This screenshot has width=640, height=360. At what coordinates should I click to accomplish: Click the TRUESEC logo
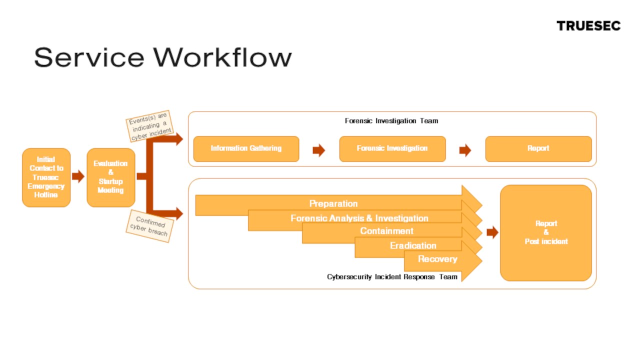(x=588, y=26)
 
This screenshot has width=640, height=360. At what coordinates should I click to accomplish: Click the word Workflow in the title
(x=222, y=57)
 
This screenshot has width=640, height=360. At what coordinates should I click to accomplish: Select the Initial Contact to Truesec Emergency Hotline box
(x=46, y=177)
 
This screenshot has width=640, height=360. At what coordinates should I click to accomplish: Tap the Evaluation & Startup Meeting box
(x=110, y=177)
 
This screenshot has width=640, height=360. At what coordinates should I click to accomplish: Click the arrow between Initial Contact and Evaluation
(x=78, y=176)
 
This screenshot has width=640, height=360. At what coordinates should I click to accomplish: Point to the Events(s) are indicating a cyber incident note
(x=148, y=126)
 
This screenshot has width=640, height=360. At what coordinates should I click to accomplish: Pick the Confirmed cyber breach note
(x=149, y=226)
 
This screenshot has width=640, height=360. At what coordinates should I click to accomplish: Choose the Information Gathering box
(x=246, y=148)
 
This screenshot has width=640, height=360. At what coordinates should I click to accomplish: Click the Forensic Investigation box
(x=392, y=148)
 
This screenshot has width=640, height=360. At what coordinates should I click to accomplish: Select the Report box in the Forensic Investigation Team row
(x=538, y=148)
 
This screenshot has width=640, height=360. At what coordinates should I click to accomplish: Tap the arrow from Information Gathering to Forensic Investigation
(x=318, y=150)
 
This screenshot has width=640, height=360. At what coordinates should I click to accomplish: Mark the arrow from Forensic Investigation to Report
(x=465, y=150)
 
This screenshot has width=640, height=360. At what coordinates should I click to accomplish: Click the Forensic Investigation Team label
(x=391, y=121)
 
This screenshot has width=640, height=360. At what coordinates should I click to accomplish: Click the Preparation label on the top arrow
(x=333, y=204)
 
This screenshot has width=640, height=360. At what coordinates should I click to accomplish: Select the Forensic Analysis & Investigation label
(x=359, y=218)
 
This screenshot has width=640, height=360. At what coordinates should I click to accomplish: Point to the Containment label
(x=386, y=231)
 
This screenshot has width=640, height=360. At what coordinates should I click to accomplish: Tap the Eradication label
(x=413, y=245)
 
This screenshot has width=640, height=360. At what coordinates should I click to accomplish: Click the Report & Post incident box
(x=546, y=232)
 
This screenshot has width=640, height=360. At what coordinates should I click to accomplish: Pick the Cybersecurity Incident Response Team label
(x=392, y=276)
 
